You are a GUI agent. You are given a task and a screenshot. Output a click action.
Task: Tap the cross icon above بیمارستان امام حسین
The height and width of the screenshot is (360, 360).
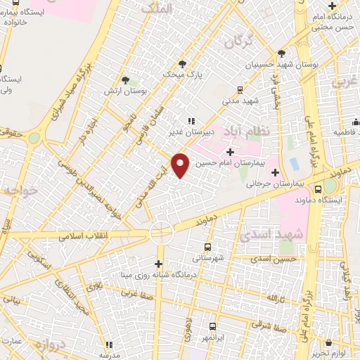coord(231,152)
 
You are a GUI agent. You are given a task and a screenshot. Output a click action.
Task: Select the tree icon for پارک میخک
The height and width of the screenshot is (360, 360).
coord(182,63)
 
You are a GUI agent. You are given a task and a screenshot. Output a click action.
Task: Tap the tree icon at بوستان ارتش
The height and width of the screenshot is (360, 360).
coord(125,81)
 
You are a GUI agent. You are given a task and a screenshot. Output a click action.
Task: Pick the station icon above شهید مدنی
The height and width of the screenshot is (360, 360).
coord(240,89)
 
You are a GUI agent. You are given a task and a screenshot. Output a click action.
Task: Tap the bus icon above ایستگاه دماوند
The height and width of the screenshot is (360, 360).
coord(319,188)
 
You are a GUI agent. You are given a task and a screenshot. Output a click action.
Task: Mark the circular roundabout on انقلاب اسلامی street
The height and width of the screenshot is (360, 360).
coord(161,231)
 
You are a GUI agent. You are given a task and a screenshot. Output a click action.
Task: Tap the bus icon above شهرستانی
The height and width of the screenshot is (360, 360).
coord(207,247)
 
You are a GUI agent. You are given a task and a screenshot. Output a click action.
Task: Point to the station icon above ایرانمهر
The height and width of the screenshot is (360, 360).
coord(213,327)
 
